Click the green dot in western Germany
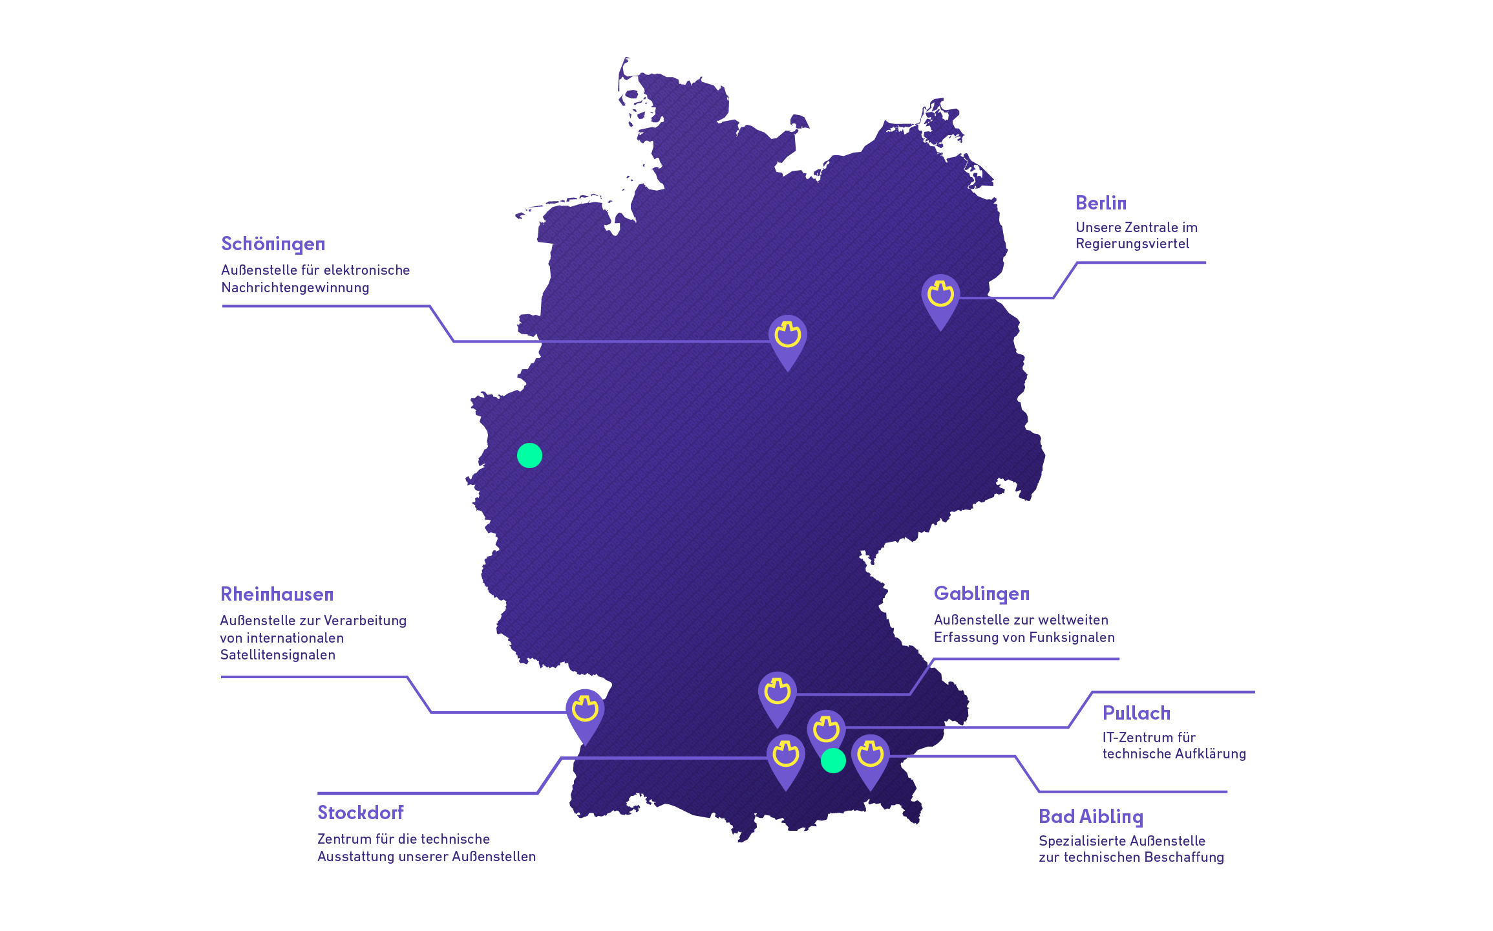coord(529,456)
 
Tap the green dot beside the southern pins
coord(833,761)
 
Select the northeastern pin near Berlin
coord(940,297)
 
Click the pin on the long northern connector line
coord(787,338)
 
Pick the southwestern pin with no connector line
coord(585,711)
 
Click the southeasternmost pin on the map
coord(870,756)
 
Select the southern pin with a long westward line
coord(785,757)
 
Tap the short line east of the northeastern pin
coord(976,298)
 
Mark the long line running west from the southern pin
coord(672,758)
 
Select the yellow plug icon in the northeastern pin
coord(940,294)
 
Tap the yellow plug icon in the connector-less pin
coord(585,709)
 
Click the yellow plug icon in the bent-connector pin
coord(777,691)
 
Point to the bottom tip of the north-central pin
coord(787,370)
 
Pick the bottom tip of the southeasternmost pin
coord(870,789)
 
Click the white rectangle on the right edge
coord(1212,401)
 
